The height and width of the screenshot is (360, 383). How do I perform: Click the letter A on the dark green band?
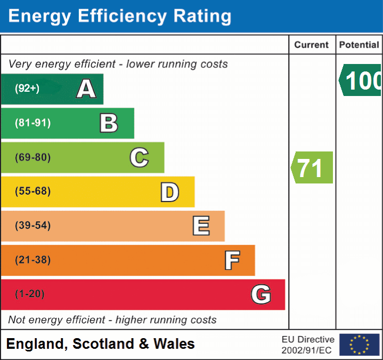(x=86, y=89)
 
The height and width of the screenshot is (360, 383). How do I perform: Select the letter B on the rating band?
(x=109, y=123)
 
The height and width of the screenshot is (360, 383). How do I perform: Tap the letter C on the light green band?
(x=139, y=157)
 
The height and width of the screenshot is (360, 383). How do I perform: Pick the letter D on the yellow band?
(x=169, y=192)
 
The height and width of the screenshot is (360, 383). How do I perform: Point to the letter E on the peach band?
(x=201, y=226)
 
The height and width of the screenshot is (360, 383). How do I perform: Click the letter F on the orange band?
(x=232, y=260)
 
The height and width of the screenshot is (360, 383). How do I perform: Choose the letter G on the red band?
(x=261, y=294)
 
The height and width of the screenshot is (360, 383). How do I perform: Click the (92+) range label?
(x=27, y=89)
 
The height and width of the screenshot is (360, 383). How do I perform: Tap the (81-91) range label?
(x=33, y=123)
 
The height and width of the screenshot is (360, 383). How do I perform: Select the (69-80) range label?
(x=33, y=157)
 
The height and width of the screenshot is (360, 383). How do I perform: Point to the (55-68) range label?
(x=33, y=191)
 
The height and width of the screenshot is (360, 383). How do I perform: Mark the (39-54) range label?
(x=33, y=226)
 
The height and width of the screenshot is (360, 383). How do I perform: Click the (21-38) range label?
(x=33, y=260)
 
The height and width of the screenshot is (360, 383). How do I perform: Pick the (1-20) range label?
(x=30, y=294)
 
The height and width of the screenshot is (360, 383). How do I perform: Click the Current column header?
(x=312, y=45)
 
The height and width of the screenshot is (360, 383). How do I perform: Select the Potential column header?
(x=359, y=45)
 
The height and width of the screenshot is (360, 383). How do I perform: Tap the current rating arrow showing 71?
(x=312, y=167)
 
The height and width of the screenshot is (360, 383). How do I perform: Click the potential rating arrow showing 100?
(x=361, y=81)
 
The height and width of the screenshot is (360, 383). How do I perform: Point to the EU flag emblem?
(x=359, y=345)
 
